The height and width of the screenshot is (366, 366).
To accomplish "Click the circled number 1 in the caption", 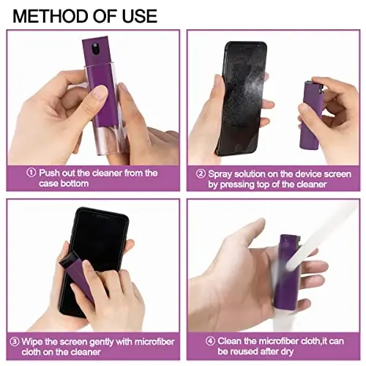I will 31,173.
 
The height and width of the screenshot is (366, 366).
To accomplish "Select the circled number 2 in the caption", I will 200,174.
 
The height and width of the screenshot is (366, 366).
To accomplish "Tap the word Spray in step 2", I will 222,174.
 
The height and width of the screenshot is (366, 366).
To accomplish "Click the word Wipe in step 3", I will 40,341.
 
